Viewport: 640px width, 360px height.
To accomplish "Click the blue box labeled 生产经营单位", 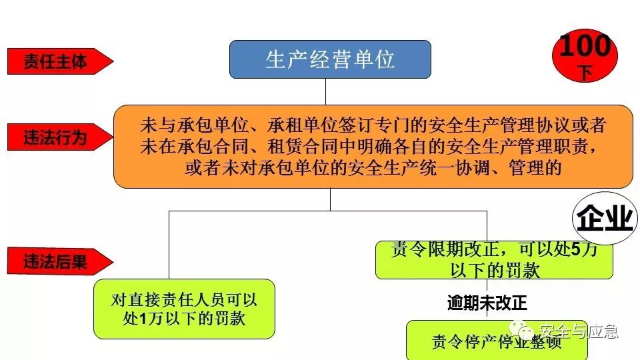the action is (x=330, y=59).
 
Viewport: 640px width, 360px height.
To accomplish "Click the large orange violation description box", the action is (x=373, y=146).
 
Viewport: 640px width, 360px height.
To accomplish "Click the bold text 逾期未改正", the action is (x=487, y=303).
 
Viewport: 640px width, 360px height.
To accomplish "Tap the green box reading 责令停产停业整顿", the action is (x=496, y=341).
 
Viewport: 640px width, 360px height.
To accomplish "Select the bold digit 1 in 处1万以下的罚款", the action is (x=142, y=319).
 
